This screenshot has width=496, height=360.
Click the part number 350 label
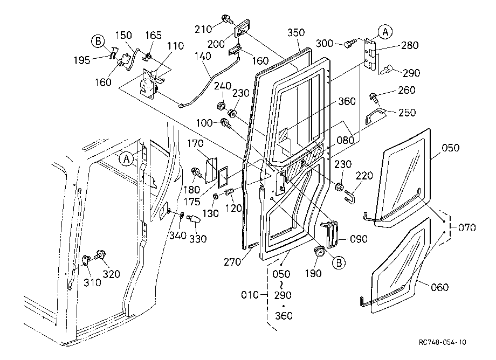pos(296,32)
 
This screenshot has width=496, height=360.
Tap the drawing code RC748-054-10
pos(442,342)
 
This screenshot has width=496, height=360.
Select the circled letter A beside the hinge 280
pos(385,32)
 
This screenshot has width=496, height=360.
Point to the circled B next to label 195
pos(98,41)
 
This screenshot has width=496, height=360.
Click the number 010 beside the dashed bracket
pos(250,295)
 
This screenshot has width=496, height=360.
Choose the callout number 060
pos(440,287)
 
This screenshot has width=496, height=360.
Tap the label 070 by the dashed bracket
pos(467,227)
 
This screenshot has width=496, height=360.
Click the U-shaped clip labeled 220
pos(348,195)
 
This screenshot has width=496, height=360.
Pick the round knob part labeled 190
pos(319,253)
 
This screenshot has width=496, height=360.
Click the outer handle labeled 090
pos(331,233)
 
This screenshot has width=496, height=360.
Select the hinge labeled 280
pos(370,54)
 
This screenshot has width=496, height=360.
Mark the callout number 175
pos(192,202)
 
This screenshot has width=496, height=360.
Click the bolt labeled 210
pos(226,19)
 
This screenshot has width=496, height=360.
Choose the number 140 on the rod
pos(203,56)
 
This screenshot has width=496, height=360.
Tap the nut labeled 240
pos(222,105)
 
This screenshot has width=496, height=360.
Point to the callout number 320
pos(112,274)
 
